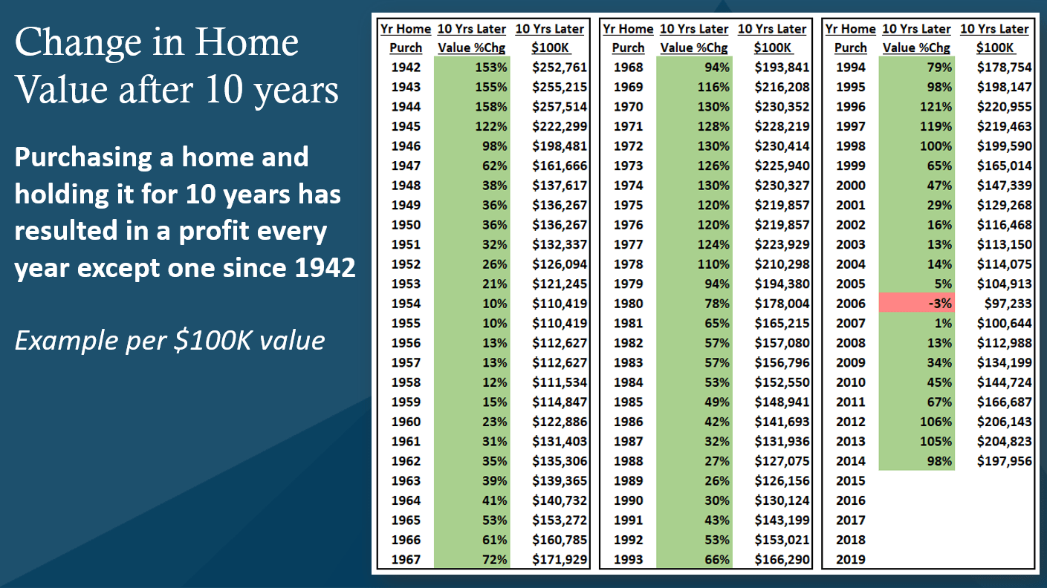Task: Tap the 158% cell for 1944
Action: (x=472, y=106)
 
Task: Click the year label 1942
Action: (x=406, y=67)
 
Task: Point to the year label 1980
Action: (x=628, y=303)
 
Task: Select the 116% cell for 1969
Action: (x=694, y=87)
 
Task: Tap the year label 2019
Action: (x=850, y=560)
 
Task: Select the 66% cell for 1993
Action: (x=694, y=560)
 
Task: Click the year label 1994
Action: (x=850, y=67)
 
